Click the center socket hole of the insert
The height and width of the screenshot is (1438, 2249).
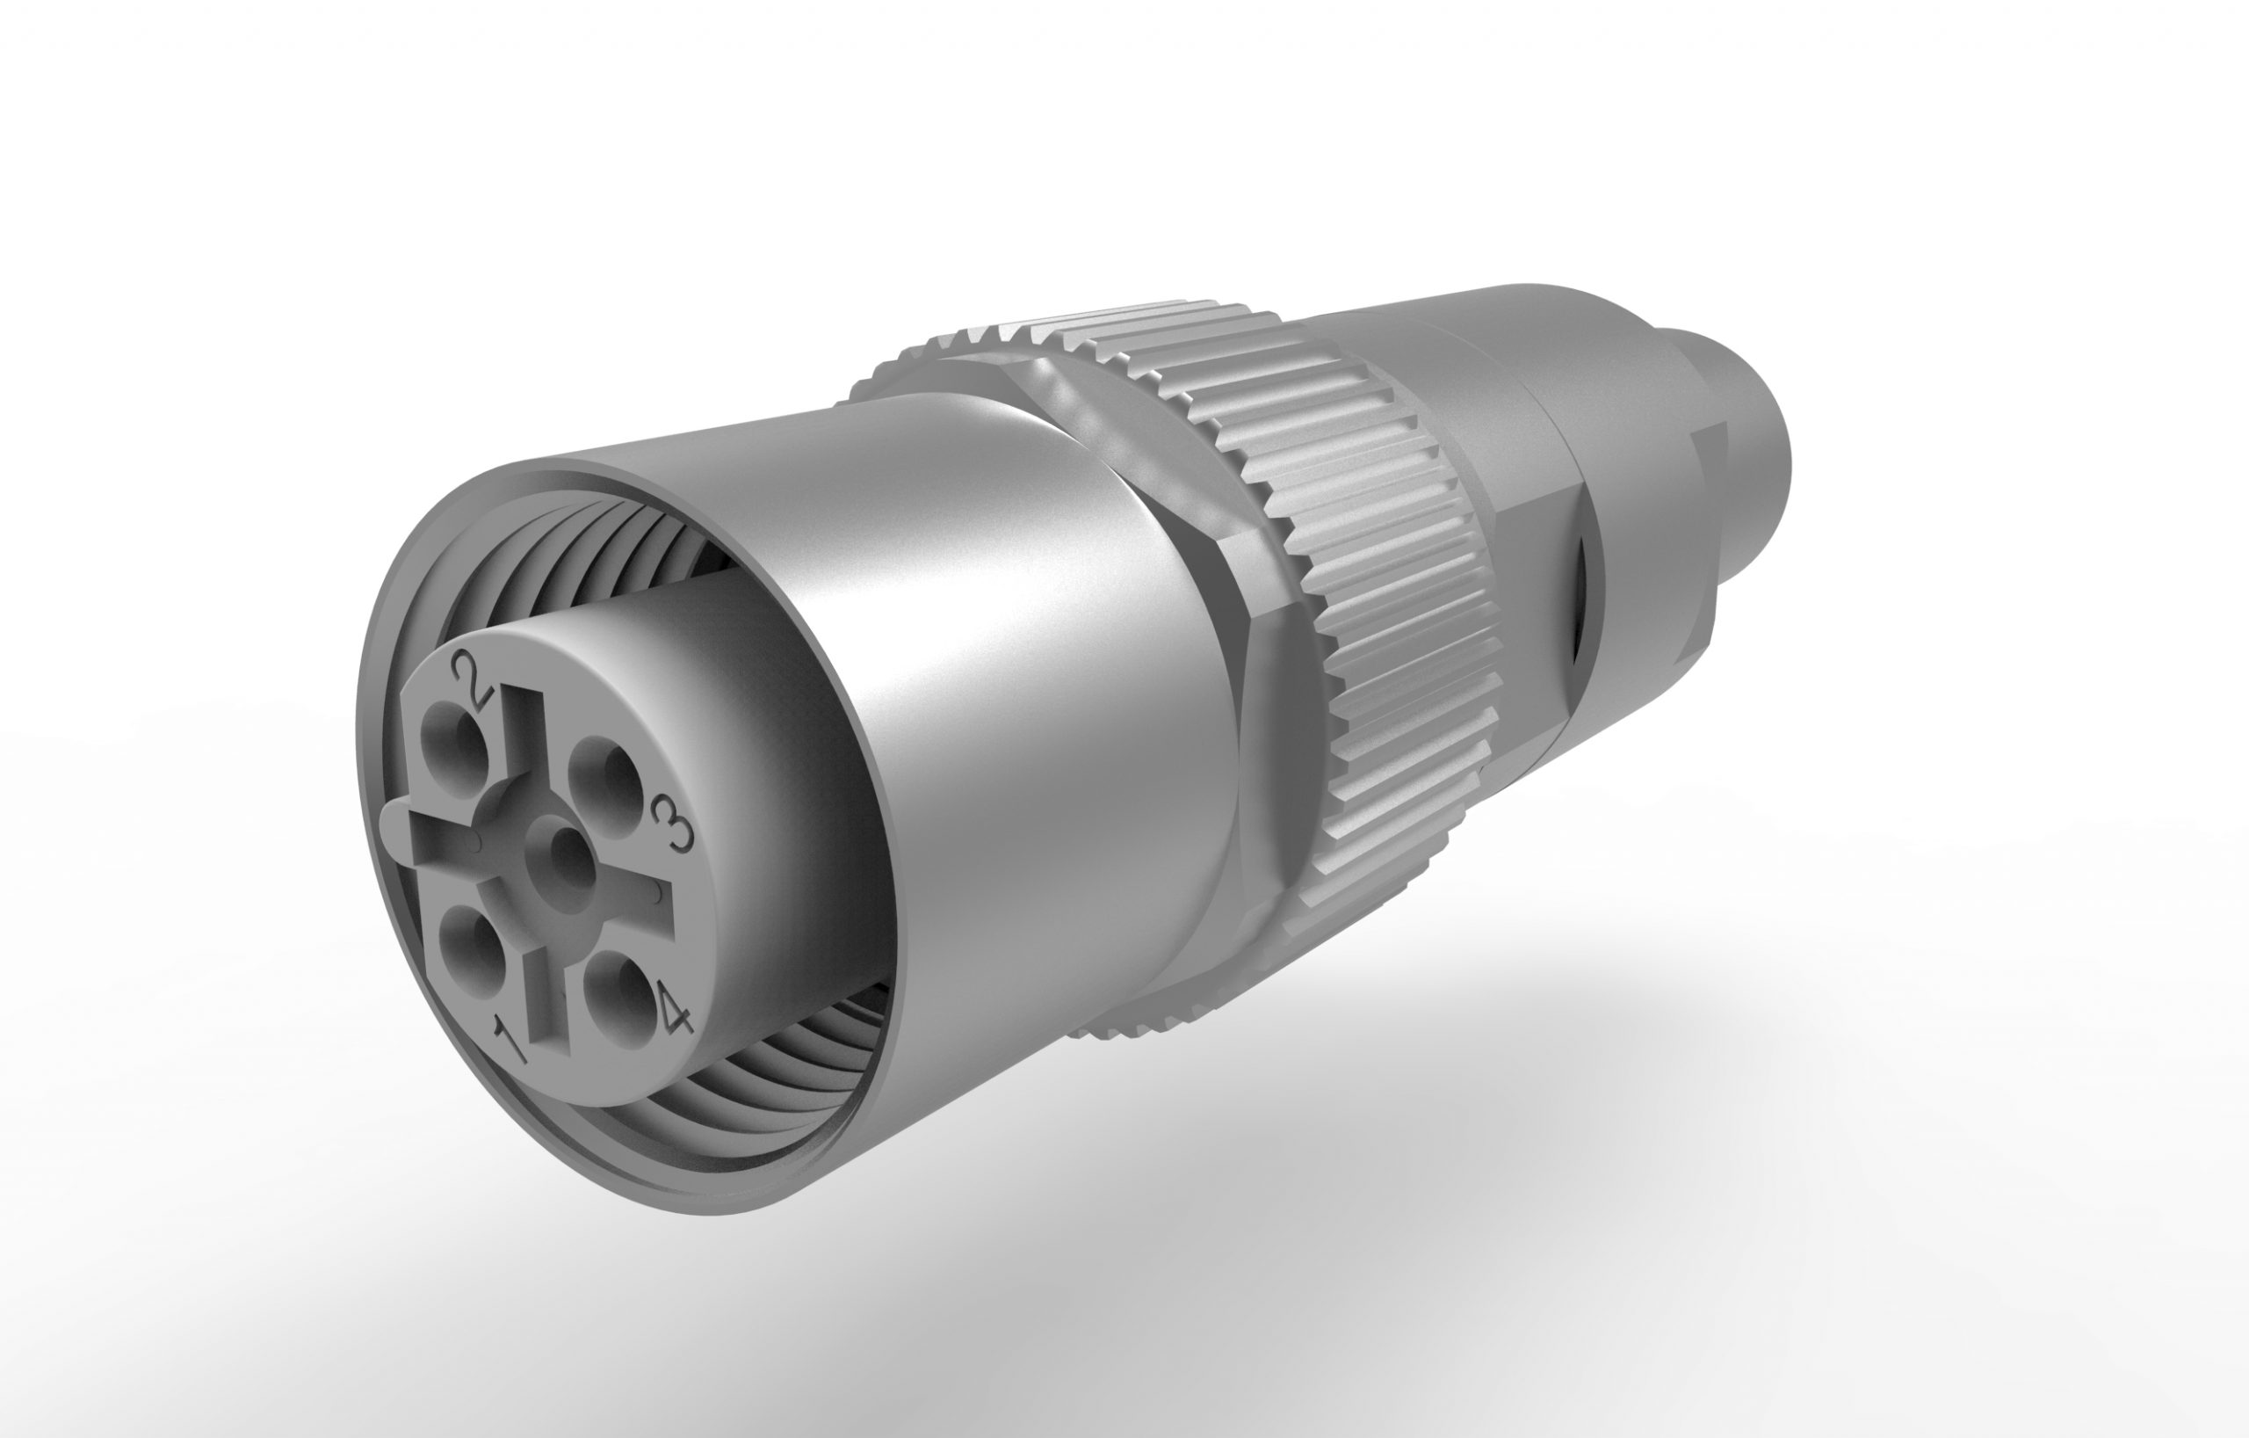point(565,852)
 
